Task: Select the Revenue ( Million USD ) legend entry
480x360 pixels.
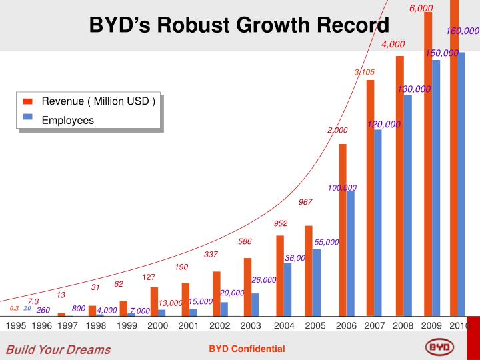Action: [x=99, y=101]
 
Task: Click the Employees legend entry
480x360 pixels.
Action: [x=68, y=120]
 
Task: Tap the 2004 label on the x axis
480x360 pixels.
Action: [x=284, y=326]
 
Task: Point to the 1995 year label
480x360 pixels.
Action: [x=16, y=326]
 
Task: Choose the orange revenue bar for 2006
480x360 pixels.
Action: [x=343, y=230]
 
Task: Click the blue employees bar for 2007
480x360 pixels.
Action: [x=377, y=223]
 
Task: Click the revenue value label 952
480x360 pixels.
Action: [x=281, y=223]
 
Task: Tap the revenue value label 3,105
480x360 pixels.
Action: [x=365, y=72]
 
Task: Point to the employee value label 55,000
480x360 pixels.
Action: [x=327, y=242]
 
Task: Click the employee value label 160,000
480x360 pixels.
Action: [x=463, y=31]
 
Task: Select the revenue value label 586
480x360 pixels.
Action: [x=245, y=241]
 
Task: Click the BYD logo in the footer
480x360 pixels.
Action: [x=439, y=348]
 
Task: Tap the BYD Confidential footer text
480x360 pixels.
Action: [x=247, y=349]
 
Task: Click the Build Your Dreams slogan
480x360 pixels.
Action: [x=59, y=349]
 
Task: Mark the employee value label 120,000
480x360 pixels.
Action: [x=383, y=124]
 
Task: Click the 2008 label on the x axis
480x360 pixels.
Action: [x=403, y=326]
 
